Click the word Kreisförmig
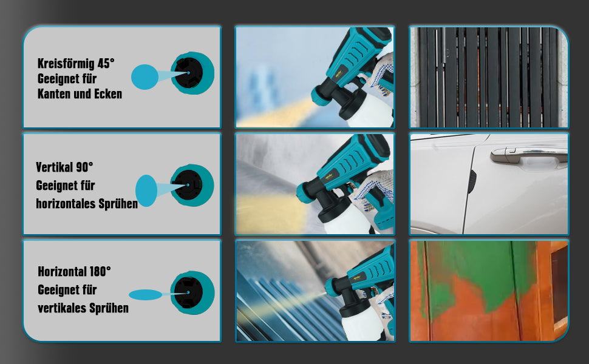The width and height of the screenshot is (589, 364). click(66, 64)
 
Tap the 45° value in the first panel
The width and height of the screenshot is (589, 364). click(106, 63)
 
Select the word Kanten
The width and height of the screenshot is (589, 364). click(54, 94)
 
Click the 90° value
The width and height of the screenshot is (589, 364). click(84, 167)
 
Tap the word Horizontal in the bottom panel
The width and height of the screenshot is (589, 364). click(62, 271)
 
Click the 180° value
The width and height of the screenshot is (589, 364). click(100, 271)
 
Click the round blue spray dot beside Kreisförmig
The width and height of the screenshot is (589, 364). click(145, 77)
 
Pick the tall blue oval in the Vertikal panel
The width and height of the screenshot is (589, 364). click(146, 190)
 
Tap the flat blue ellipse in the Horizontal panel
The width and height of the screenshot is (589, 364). click(145, 295)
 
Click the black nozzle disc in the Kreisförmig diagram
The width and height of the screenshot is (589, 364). click(189, 73)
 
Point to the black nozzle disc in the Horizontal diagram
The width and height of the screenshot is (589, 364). click(189, 292)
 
